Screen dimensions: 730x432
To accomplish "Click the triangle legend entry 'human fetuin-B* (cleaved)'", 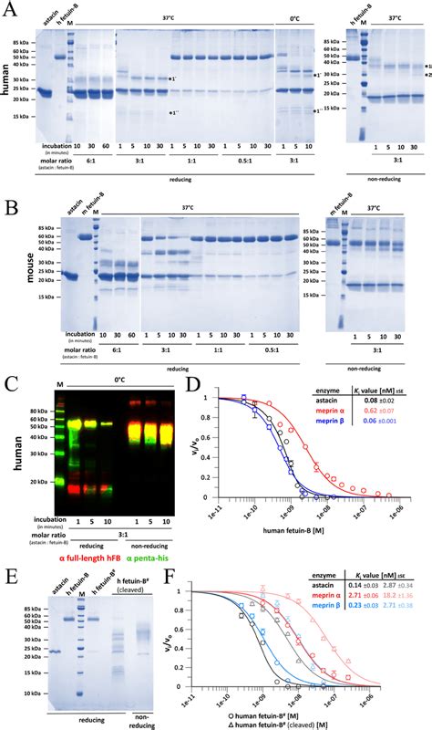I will [307, 720].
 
